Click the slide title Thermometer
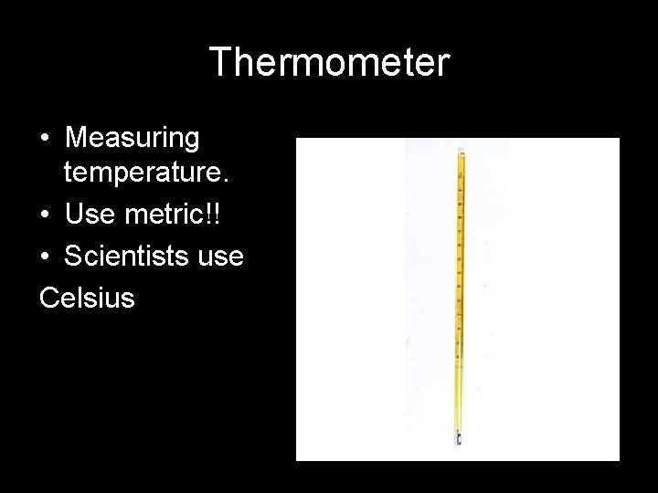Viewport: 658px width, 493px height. [329, 63]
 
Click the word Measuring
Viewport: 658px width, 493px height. [133, 138]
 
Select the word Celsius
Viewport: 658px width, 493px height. [87, 297]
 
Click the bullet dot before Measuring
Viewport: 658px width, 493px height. [45, 140]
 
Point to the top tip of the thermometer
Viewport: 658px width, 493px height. [461, 148]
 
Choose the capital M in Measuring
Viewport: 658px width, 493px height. [78, 138]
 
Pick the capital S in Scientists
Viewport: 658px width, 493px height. [73, 257]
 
